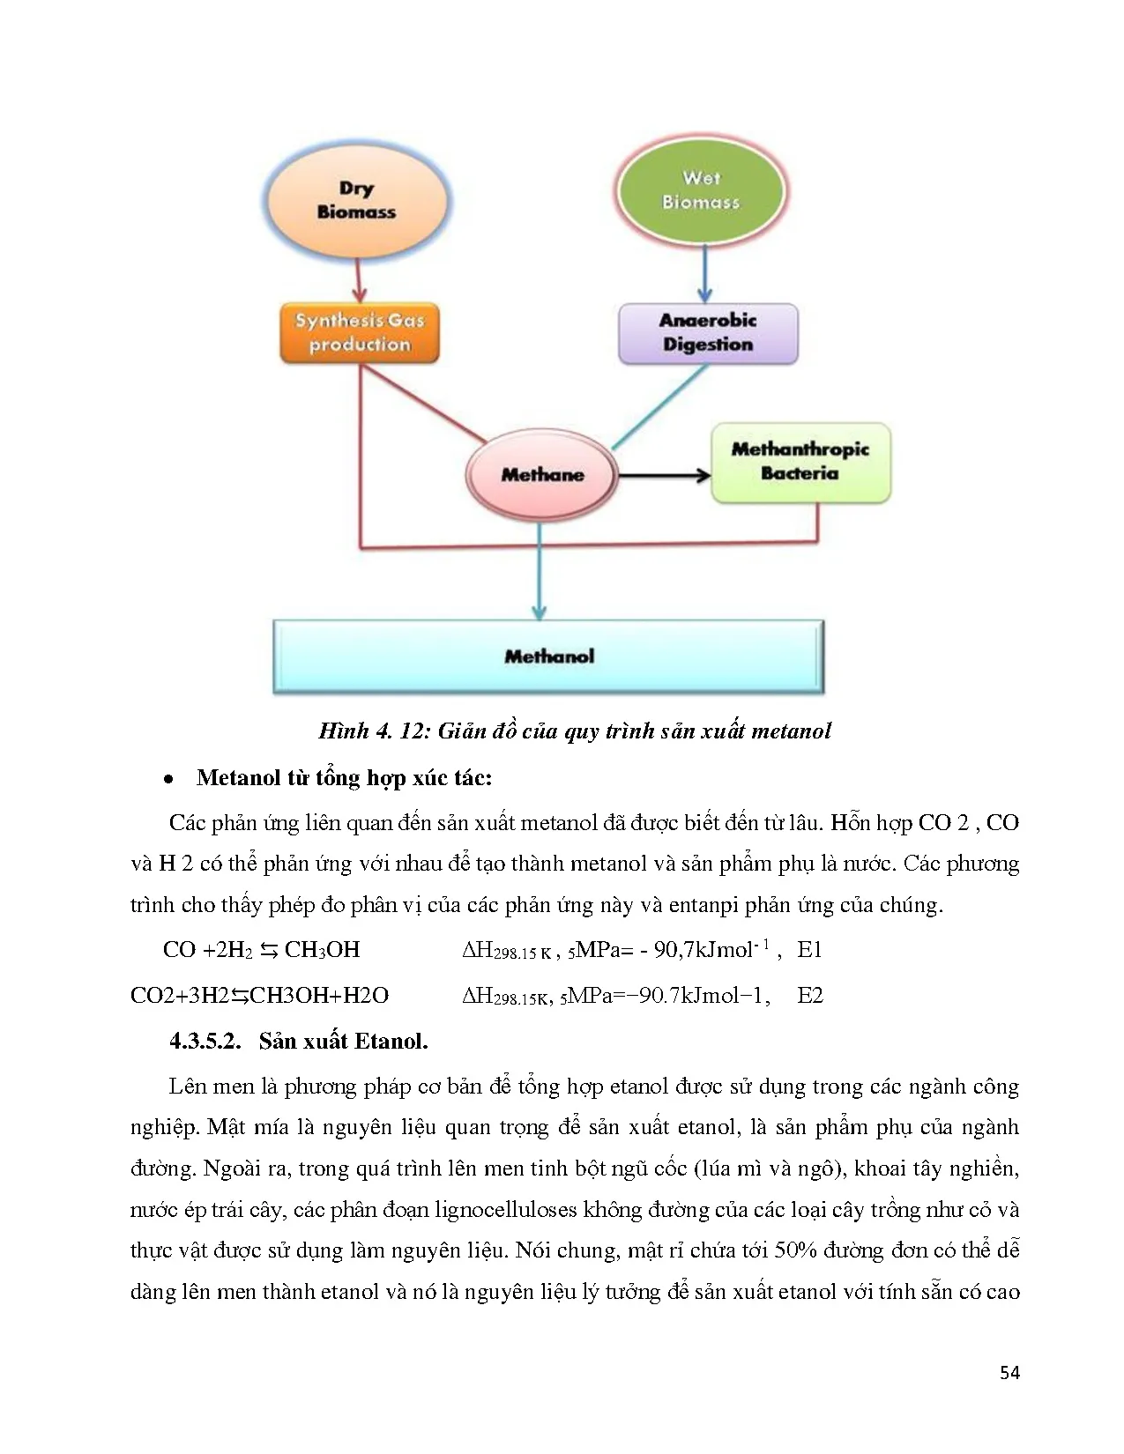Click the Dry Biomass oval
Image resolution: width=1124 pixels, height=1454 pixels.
(356, 200)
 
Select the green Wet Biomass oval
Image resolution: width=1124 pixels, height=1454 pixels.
(701, 190)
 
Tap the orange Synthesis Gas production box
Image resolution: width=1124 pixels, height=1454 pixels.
(360, 332)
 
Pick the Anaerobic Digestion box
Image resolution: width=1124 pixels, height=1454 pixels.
(708, 333)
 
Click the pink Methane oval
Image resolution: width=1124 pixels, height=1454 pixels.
(541, 475)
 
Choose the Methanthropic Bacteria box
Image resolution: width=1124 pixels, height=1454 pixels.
(800, 462)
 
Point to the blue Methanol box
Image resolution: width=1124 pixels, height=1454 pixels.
(548, 657)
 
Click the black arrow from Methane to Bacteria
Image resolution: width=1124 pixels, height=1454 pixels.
(663, 476)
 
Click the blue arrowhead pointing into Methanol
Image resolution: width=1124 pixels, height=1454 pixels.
(540, 612)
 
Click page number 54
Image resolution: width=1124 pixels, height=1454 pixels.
(1010, 1371)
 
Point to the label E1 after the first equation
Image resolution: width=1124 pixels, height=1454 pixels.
(809, 949)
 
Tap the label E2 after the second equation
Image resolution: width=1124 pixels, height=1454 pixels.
(810, 995)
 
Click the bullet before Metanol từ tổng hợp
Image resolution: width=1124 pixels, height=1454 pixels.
(168, 779)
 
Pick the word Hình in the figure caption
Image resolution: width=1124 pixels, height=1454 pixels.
(343, 731)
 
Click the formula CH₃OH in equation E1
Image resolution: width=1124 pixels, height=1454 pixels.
(322, 950)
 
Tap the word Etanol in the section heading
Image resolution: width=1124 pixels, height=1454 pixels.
(387, 1041)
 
